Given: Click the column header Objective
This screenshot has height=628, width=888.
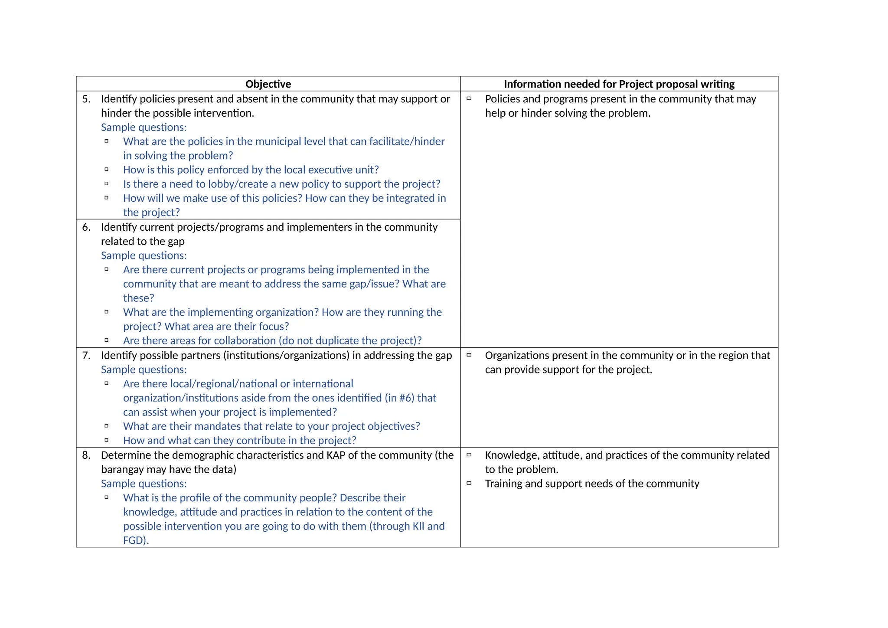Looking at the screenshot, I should pyautogui.click(x=268, y=84).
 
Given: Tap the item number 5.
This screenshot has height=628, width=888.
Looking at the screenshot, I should pyautogui.click(x=86, y=99).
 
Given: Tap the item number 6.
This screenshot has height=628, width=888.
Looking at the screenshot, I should pyautogui.click(x=86, y=227).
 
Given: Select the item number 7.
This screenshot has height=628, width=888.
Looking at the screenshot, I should pyautogui.click(x=86, y=356).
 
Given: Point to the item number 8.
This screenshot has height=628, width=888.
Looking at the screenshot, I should pyautogui.click(x=86, y=455).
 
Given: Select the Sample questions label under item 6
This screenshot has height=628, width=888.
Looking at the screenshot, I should pyautogui.click(x=144, y=256).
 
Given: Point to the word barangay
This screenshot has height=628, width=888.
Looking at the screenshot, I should pyautogui.click(x=122, y=470).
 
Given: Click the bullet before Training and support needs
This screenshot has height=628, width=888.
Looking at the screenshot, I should pyautogui.click(x=469, y=483).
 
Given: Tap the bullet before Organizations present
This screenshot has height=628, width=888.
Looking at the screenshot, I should pyautogui.click(x=469, y=355).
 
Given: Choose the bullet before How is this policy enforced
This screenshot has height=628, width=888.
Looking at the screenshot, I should pyautogui.click(x=106, y=170).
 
